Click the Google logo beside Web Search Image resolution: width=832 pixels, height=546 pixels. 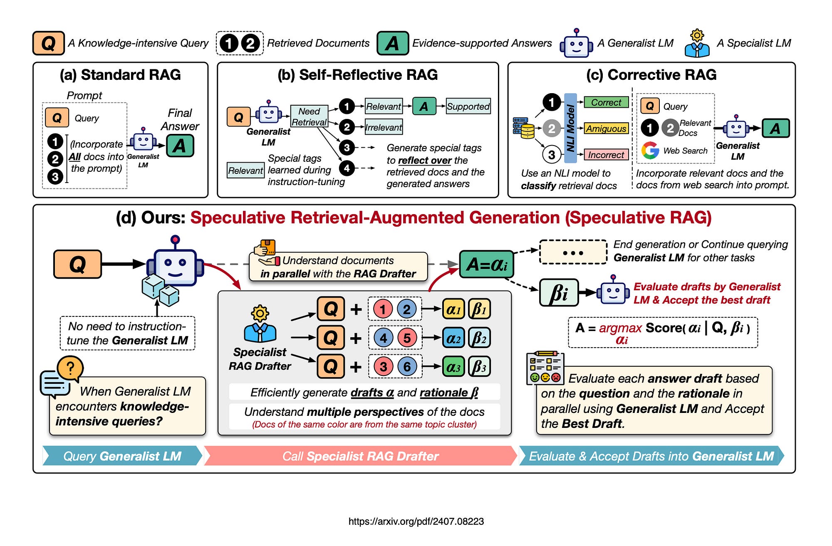pos(650,151)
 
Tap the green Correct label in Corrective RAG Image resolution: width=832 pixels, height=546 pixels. pos(606,102)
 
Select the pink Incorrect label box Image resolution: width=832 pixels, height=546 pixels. pos(606,155)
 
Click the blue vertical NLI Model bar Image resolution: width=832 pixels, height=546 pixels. pos(570,128)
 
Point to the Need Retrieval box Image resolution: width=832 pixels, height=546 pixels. pos(309,116)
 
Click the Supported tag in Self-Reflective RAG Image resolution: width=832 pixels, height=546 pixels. pos(468,106)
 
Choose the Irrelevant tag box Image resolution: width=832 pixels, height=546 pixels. pos(383,127)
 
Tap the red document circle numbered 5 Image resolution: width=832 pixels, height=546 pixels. pos(407,338)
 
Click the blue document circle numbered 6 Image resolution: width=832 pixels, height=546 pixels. pos(407,366)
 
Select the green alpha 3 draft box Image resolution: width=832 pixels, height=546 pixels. pos(453,367)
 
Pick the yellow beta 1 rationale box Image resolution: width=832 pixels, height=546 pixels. pos(479,309)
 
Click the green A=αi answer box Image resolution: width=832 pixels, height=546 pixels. pos(486,264)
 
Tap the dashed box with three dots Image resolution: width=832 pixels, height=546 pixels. pos(573,252)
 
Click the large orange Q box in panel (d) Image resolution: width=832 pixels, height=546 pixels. pos(77,264)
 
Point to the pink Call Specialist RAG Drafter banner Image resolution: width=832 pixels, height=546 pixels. pos(360,456)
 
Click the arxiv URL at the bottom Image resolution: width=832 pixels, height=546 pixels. pos(416,521)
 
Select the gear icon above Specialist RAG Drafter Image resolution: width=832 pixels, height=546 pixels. pos(260,314)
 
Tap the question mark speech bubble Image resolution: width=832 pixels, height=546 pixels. pos(70,368)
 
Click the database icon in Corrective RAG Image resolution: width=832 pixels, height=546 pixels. pos(523,128)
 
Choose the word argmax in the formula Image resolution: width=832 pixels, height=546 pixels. pos(620,328)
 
